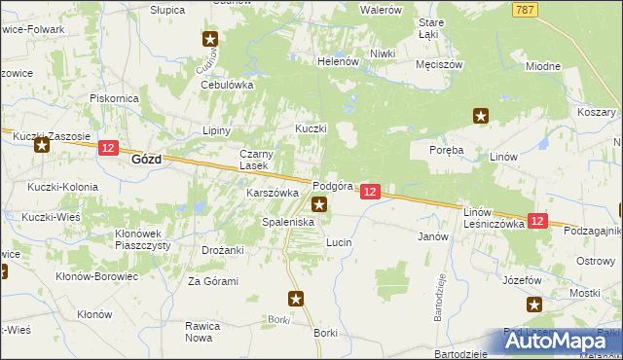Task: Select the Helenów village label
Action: tap(339, 61)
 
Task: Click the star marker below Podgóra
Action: tap(319, 204)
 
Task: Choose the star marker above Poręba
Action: tap(480, 116)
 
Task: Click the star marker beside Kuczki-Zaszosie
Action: tap(41, 146)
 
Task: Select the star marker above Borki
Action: tap(297, 299)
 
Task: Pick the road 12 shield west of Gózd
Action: tap(108, 149)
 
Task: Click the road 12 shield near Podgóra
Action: tap(370, 193)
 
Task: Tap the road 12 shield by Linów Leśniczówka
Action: tap(537, 222)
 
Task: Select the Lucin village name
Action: tap(338, 240)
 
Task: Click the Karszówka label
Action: tap(272, 193)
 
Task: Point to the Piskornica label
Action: tap(115, 98)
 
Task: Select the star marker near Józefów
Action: tap(534, 305)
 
